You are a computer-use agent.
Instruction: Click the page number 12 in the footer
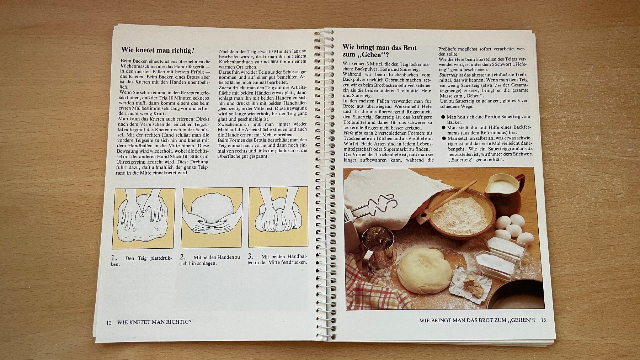click(x=109, y=323)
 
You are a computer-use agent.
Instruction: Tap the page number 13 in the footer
click(x=543, y=320)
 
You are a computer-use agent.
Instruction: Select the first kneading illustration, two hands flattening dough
click(x=144, y=218)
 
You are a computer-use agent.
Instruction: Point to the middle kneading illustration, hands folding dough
click(x=212, y=217)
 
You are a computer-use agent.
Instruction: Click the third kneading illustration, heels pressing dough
click(x=278, y=217)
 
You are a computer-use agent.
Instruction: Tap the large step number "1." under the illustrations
click(x=114, y=258)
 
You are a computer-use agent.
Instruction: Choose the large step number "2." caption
click(x=183, y=257)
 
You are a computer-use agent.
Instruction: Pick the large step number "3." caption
click(x=251, y=256)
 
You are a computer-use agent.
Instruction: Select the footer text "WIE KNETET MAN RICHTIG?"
click(x=154, y=322)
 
